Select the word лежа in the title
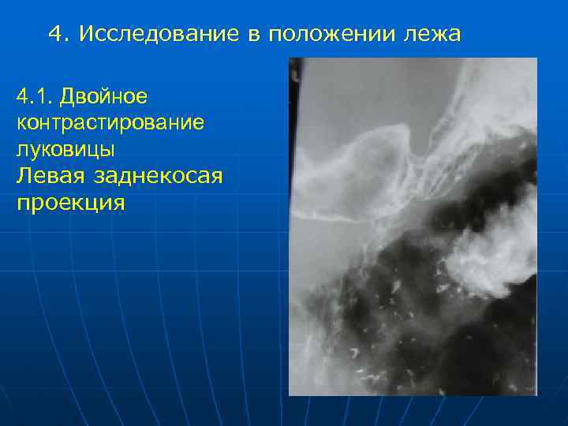[x=432, y=34]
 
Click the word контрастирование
[x=108, y=124]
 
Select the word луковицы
[x=60, y=150]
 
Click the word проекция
[x=70, y=203]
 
